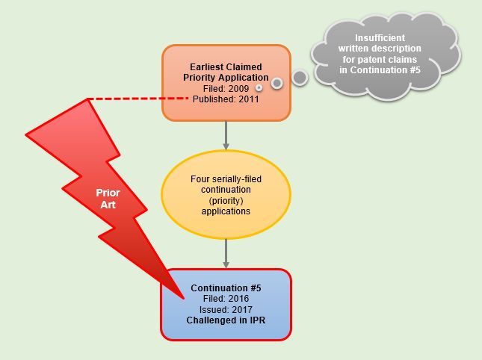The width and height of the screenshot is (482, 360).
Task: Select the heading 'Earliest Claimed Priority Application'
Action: point(226,72)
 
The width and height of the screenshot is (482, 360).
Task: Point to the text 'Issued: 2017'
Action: point(226,309)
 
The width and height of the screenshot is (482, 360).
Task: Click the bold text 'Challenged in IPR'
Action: point(226,320)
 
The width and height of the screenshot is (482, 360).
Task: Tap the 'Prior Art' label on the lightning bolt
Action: point(108,198)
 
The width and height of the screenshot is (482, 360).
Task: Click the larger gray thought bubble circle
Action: point(300,77)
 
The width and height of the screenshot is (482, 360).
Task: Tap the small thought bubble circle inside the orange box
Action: point(277,83)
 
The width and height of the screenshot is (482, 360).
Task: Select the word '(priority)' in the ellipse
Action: point(226,201)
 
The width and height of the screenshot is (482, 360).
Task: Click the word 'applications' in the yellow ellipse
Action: point(226,211)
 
